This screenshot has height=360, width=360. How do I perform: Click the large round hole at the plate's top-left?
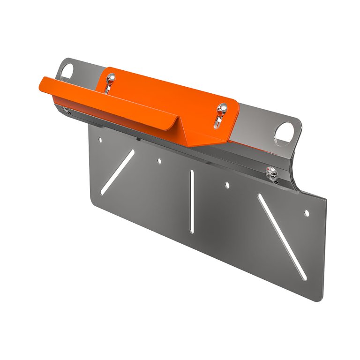(x=66, y=72)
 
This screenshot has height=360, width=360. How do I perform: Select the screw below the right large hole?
(x=270, y=172)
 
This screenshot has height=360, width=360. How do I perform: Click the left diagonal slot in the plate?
(x=117, y=169)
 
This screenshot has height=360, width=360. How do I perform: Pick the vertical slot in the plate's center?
(x=192, y=201)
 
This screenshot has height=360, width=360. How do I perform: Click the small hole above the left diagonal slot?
(x=99, y=140)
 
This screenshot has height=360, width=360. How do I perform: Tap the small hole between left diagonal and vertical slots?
(x=159, y=161)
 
